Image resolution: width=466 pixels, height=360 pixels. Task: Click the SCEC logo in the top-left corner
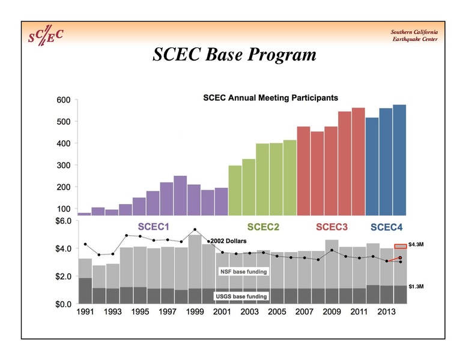pyautogui.click(x=46, y=35)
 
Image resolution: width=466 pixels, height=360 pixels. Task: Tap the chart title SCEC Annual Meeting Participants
pyautogui.click(x=270, y=97)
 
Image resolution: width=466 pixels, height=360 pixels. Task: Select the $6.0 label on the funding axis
pyautogui.click(x=63, y=221)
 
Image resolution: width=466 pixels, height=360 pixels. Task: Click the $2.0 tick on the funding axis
pyautogui.click(x=63, y=277)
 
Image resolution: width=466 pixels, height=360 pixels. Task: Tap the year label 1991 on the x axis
pyautogui.click(x=85, y=313)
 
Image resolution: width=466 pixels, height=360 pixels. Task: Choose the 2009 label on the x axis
pyautogui.click(x=331, y=313)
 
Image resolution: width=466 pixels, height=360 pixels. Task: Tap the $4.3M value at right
pyautogui.click(x=416, y=245)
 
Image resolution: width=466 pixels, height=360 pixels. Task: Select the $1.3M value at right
pyautogui.click(x=416, y=287)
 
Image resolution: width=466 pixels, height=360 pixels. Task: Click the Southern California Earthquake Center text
pyautogui.click(x=414, y=35)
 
